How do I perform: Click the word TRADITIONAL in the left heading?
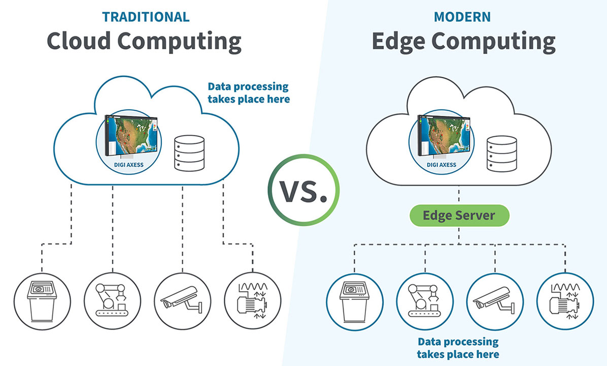(146, 16)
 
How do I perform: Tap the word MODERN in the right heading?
(462, 16)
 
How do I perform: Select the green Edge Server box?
(458, 215)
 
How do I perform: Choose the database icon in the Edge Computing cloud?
(497, 152)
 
